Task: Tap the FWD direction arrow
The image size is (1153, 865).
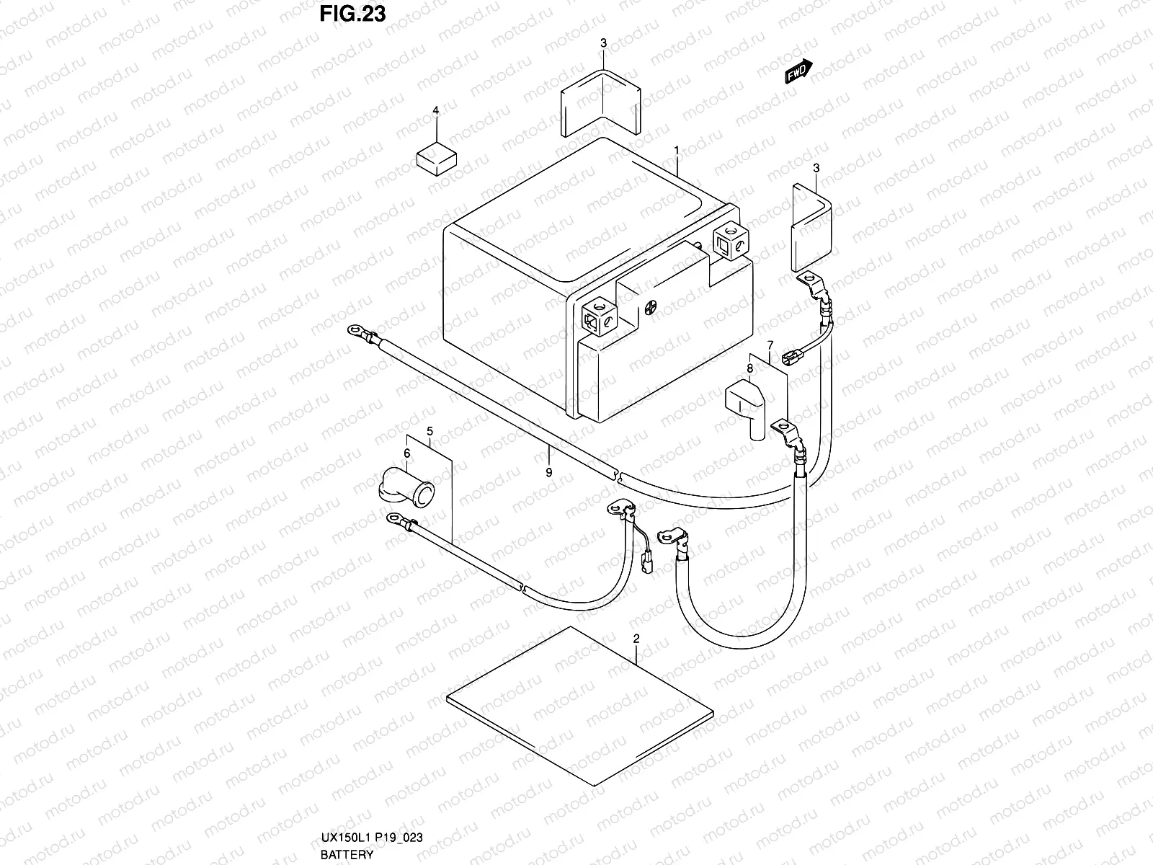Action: pyautogui.click(x=798, y=71)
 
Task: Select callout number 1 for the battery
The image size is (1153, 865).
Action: pyautogui.click(x=677, y=150)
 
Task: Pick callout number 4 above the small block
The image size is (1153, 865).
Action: pyautogui.click(x=435, y=110)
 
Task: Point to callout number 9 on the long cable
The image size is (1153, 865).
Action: pyautogui.click(x=548, y=472)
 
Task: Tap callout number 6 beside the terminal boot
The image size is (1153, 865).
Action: pyautogui.click(x=407, y=453)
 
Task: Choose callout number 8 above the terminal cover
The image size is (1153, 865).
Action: pyautogui.click(x=750, y=368)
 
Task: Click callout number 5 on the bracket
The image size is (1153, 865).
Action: pyautogui.click(x=429, y=431)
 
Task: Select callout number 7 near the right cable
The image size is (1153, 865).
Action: pyautogui.click(x=770, y=345)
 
